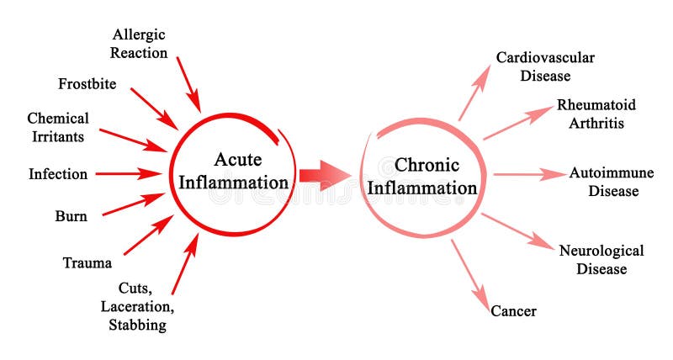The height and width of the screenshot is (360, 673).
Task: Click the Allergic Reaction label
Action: (140, 43)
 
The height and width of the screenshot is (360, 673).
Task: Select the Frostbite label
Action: (87, 84)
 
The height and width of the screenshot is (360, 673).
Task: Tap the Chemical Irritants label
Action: (57, 127)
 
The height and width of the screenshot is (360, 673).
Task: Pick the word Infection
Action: (58, 174)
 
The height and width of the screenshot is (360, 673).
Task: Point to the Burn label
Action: (72, 216)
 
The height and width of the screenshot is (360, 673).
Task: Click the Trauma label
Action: (87, 263)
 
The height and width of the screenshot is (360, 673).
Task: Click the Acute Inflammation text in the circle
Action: (239, 171)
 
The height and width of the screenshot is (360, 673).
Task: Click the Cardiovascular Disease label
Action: (545, 66)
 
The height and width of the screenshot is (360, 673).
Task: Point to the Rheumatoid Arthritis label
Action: (596, 114)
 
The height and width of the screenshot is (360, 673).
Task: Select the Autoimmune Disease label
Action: (603, 182)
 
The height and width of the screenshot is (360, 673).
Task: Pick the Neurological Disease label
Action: (601, 260)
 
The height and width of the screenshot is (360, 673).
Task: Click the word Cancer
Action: (513, 311)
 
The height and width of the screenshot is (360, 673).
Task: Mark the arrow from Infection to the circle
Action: (128, 174)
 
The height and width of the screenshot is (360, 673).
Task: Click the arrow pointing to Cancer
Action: (470, 274)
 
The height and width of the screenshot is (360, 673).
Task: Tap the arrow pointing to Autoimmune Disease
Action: (529, 175)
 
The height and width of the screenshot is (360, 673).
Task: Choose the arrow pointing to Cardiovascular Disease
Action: (474, 94)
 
